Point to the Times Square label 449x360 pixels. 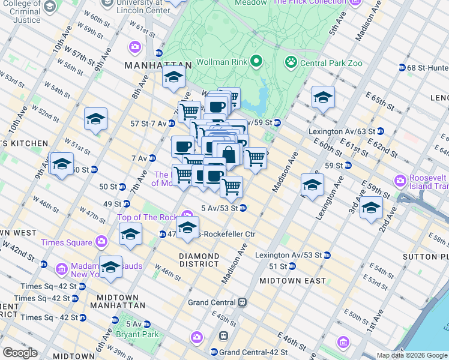(x=66, y=242)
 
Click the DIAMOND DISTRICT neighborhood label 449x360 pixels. (x=199, y=259)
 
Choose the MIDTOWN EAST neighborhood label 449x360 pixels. (x=292, y=280)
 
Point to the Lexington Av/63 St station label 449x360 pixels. (x=342, y=131)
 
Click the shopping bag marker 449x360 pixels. (x=229, y=155)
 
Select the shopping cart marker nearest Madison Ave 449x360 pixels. (x=256, y=158)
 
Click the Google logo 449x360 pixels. (x=20, y=353)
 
